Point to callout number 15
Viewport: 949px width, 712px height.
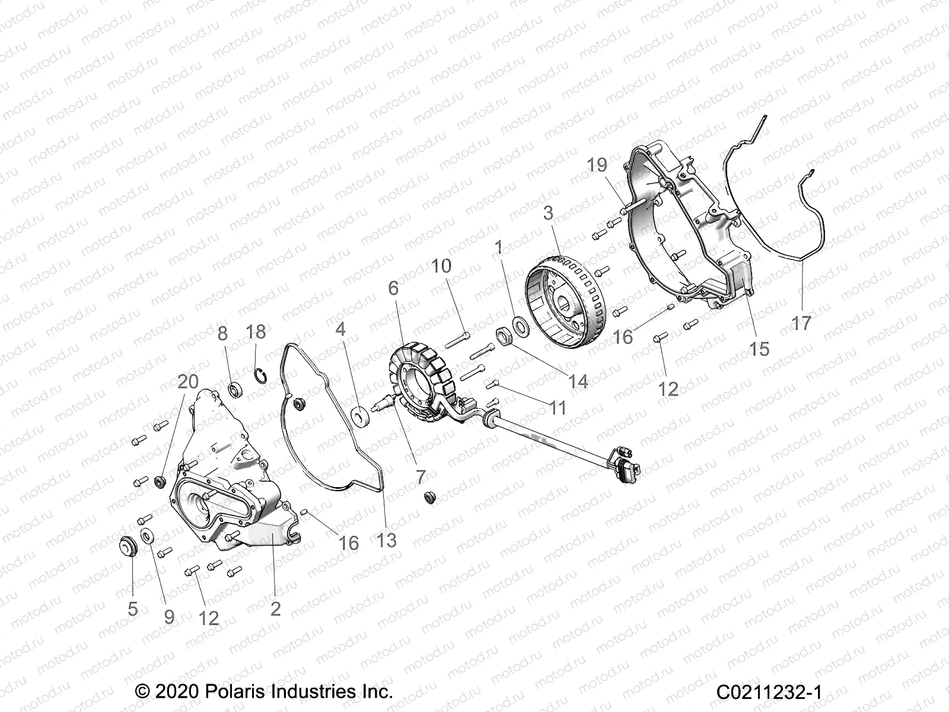[759, 349]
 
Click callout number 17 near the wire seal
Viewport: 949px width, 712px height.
[801, 323]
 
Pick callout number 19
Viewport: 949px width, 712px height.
[598, 166]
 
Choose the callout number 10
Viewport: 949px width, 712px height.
[441, 266]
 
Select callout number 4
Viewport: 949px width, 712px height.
[340, 329]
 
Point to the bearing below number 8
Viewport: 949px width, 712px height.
[236, 391]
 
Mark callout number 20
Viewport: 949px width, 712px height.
[188, 382]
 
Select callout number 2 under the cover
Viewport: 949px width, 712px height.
[275, 609]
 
